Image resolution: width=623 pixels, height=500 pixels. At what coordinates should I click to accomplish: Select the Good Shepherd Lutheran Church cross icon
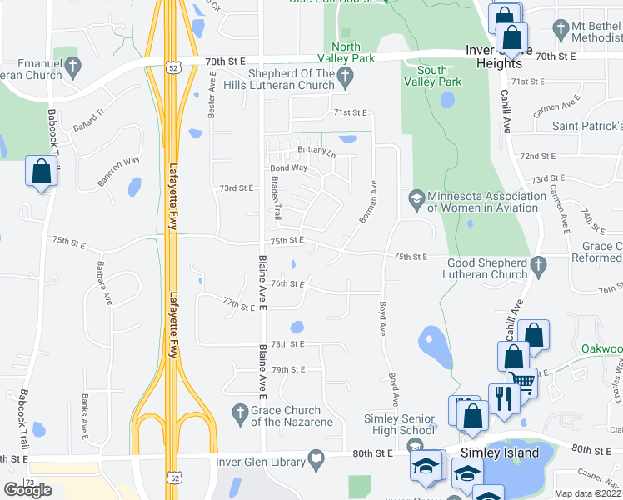538,267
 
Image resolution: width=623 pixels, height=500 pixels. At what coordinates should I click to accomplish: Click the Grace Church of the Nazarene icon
238,411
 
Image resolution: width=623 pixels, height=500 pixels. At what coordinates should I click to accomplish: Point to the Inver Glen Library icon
316,457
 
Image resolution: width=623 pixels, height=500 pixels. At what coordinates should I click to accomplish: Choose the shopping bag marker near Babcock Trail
41,172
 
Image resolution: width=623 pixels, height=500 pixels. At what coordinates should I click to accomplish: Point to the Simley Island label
499,453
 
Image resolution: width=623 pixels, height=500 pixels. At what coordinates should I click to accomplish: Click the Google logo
27,489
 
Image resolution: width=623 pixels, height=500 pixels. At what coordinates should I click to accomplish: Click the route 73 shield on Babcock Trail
30,482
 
